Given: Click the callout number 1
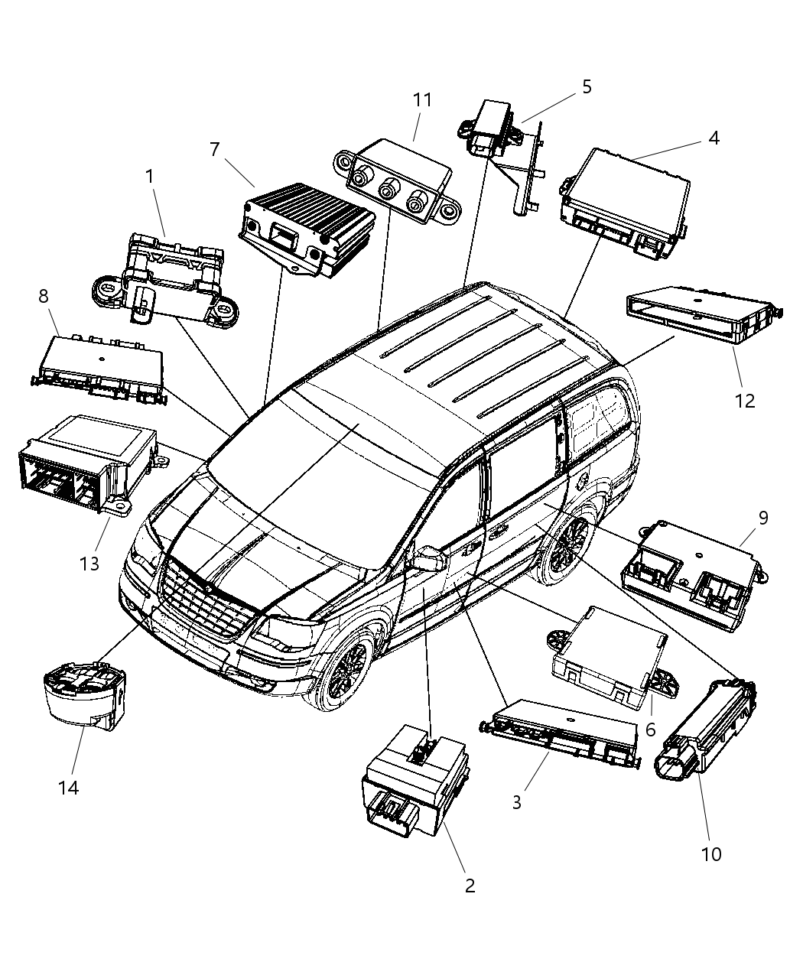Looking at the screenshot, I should (x=150, y=177).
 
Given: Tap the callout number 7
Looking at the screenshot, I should (x=215, y=149).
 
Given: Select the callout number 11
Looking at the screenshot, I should (x=422, y=100).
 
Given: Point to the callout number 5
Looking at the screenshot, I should (x=587, y=86).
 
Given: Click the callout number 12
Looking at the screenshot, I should (x=744, y=401).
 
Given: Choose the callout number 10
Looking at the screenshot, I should (x=711, y=853).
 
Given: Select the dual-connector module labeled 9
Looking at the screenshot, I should (x=692, y=575).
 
